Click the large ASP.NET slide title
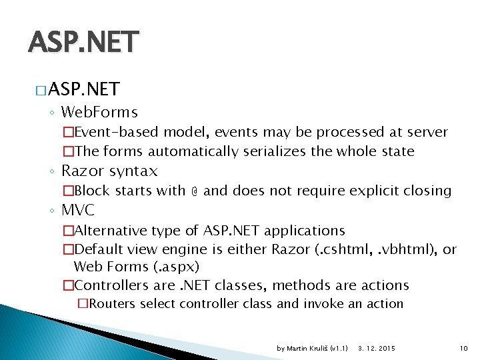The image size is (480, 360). [84, 42]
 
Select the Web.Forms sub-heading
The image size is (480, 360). [99, 112]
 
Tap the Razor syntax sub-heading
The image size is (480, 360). [109, 171]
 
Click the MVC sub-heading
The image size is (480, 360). [78, 211]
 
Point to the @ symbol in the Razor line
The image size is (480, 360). [194, 191]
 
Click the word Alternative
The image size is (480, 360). [111, 231]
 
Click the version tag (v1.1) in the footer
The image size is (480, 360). [339, 348]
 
